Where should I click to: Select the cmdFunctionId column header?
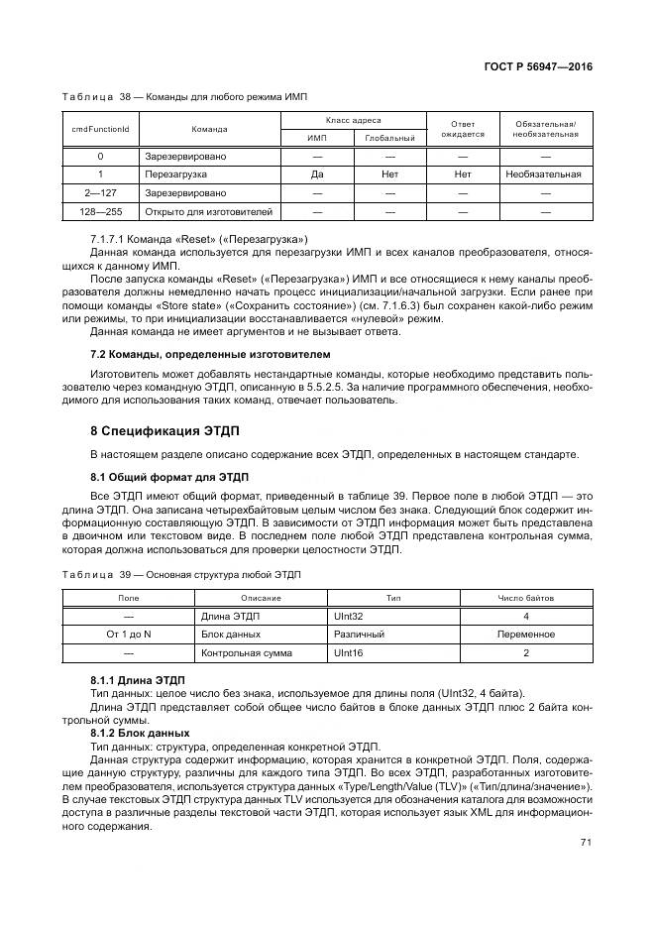pos(100,129)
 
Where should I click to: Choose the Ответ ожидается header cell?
pos(462,129)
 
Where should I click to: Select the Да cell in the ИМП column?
pos(318,174)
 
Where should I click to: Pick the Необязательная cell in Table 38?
pos(543,174)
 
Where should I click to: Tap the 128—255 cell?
pos(100,211)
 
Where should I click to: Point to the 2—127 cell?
pos(100,192)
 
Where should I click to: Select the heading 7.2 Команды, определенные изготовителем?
pos(210,354)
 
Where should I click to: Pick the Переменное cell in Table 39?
pos(525,635)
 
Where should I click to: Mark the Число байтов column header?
pos(525,598)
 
